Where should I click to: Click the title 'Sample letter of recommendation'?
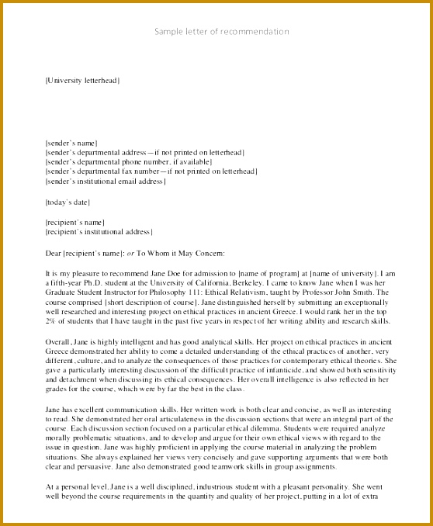coord(221,32)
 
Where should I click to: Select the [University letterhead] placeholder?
coord(82,80)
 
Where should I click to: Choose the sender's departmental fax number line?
coord(151,171)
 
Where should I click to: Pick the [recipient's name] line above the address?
coord(74,223)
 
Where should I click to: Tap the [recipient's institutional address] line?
coord(99,232)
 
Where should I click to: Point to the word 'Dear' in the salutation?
coord(54,253)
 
